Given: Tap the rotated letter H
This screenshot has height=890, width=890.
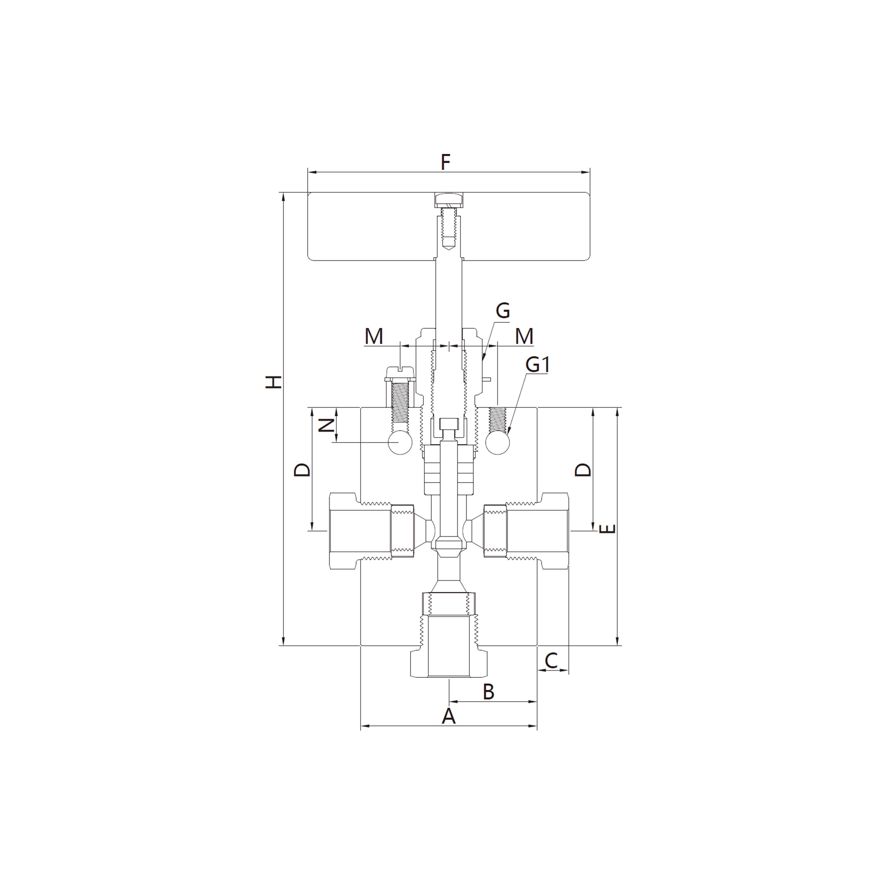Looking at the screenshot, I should point(274,382).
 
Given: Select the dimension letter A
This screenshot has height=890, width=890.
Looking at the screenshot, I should point(448,716).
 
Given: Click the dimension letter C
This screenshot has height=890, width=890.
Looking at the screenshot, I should point(551,660).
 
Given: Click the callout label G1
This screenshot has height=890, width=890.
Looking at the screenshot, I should point(538,365).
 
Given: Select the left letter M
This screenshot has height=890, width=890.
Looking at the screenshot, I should point(374,336).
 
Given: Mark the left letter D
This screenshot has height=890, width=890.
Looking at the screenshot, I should point(302,470).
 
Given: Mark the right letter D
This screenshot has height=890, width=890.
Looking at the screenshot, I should point(583,470).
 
